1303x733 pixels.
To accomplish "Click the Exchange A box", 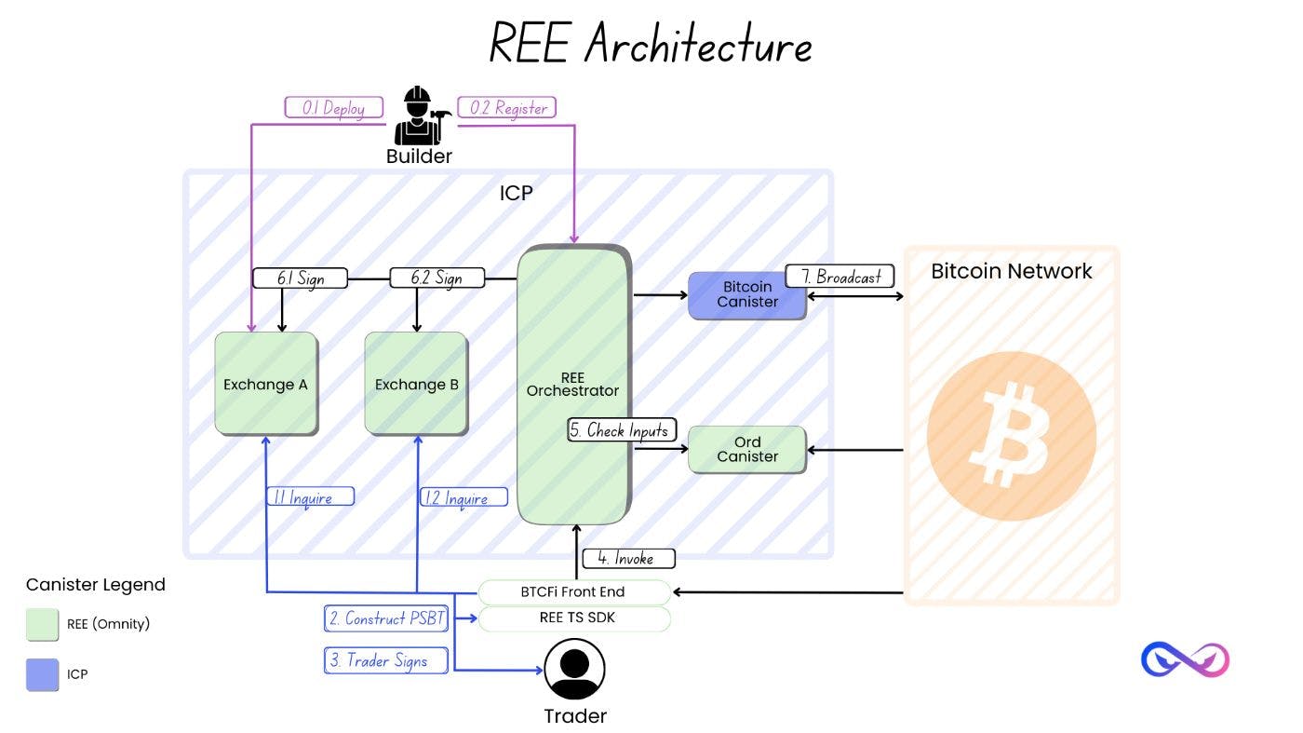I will [265, 384].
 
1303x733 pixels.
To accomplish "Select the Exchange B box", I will [415, 384].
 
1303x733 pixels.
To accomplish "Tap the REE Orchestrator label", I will [572, 385].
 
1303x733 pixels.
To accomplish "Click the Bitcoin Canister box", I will [746, 294].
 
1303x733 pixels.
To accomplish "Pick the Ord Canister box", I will [746, 449].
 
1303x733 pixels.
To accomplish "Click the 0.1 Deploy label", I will [333, 108].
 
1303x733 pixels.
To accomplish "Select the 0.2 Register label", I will [508, 108].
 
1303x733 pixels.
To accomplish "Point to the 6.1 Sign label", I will [300, 278].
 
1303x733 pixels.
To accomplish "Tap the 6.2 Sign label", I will [437, 278].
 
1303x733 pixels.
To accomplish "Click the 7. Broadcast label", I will [840, 277].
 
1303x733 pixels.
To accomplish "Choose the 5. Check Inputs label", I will [620, 430].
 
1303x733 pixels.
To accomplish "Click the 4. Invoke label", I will [628, 559].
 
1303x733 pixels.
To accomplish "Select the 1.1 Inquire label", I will [311, 497].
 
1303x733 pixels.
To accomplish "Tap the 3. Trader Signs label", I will [386, 660].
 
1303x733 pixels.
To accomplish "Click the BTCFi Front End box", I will [573, 591].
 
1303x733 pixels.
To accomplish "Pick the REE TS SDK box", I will [573, 618].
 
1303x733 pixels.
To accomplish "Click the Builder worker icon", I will [419, 116].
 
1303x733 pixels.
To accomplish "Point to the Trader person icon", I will [574, 669].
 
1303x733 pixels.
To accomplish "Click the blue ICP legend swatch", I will [42, 674].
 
